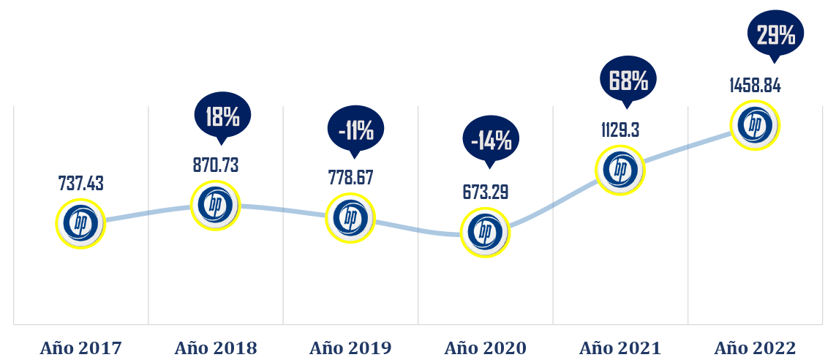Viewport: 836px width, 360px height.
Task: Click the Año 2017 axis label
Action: pos(80,348)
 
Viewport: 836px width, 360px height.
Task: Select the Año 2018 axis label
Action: pos(216,348)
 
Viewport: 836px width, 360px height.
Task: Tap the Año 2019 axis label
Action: pos(350,348)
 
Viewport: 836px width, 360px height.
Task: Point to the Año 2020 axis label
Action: pos(485,348)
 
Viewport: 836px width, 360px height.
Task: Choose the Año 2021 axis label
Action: pos(620,348)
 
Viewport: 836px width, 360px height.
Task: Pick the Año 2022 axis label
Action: pos(755,348)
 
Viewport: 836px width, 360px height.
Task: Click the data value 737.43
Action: pos(80,184)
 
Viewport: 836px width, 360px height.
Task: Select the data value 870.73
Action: pos(216,165)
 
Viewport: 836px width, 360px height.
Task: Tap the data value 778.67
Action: pos(350,179)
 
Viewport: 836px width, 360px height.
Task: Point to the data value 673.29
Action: pos(485,192)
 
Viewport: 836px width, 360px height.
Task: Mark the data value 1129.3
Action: pos(620,130)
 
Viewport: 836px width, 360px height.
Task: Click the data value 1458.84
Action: pos(755,86)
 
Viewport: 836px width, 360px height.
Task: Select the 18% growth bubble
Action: pos(222,116)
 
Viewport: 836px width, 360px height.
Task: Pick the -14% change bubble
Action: pos(491,140)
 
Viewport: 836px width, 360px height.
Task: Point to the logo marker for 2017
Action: pos(80,224)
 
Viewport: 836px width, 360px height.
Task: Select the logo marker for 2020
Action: pos(485,231)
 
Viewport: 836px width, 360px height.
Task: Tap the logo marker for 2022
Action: pos(755,126)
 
